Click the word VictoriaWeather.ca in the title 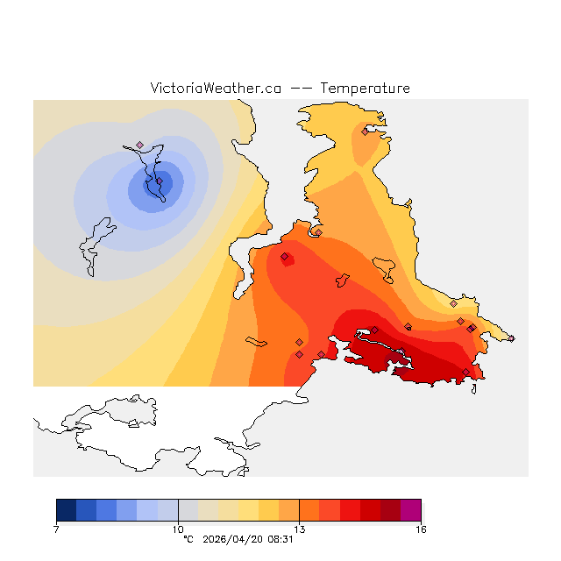click(x=216, y=89)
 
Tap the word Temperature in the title click(x=365, y=89)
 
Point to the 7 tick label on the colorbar click(x=56, y=529)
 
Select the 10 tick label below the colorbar click(x=178, y=529)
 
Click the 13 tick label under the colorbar click(x=300, y=529)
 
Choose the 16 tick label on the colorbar click(x=421, y=529)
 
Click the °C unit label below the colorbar click(x=188, y=540)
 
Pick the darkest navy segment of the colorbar click(x=66, y=510)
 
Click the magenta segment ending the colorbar click(x=410, y=510)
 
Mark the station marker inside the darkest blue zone click(x=160, y=181)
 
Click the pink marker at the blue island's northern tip click(x=140, y=145)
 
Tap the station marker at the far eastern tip click(x=511, y=338)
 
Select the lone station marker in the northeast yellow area click(x=365, y=131)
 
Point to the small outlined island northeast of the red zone click(x=384, y=266)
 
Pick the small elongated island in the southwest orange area click(x=256, y=341)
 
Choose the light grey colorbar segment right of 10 click(x=188, y=510)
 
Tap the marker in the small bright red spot click(x=285, y=257)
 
